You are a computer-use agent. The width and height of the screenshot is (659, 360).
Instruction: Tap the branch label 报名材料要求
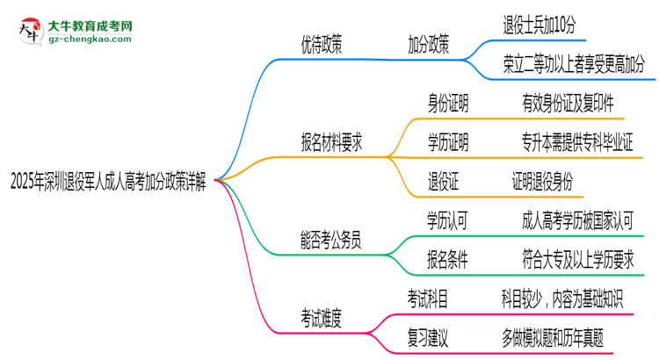pos(331,141)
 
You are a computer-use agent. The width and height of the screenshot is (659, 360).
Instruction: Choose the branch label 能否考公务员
pos(331,239)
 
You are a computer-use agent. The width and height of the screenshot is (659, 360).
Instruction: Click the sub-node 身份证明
pos(448,104)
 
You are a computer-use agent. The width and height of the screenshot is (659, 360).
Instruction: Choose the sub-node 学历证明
pos(448,141)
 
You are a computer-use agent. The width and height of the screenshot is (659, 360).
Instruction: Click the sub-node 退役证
pos(443,181)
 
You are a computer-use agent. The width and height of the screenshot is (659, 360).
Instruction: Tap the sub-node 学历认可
pos(448,220)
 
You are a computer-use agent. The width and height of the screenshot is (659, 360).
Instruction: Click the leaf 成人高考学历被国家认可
pos(577,220)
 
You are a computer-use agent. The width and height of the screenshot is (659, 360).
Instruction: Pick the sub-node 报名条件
pos(448,259)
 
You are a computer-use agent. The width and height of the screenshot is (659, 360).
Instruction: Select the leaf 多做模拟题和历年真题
pos(553,337)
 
